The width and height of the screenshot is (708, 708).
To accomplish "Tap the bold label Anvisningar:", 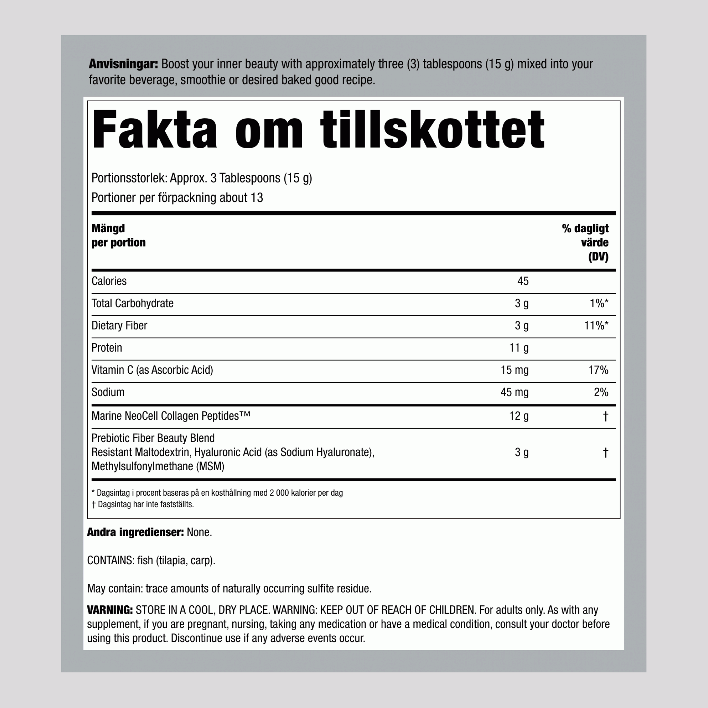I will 123,64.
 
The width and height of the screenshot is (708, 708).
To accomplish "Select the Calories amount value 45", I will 523,281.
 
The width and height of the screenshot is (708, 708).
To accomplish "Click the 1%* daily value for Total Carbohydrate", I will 599,304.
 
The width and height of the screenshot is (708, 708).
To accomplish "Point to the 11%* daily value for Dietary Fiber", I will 596,325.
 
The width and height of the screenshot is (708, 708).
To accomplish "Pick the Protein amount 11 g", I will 519,348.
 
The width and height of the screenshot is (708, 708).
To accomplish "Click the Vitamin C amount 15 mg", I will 514,370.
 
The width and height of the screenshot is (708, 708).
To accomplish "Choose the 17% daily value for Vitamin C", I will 598,370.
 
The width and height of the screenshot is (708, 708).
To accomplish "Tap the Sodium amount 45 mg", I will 514,392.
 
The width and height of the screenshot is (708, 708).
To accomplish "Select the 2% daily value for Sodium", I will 601,392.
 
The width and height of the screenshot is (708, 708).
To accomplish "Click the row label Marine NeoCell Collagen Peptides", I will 170,416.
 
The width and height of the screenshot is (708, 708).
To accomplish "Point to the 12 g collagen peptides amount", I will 519,416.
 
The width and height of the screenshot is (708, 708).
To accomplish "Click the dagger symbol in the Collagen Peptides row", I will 605,416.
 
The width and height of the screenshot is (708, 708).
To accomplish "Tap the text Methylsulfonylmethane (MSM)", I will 158,466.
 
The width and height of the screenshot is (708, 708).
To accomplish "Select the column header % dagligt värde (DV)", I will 585,242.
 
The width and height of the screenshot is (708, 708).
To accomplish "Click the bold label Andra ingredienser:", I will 135,532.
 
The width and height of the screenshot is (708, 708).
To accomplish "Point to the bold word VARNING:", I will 110,610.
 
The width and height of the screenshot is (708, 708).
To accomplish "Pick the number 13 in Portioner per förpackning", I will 257,198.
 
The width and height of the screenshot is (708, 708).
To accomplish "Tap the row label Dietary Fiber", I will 119,325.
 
